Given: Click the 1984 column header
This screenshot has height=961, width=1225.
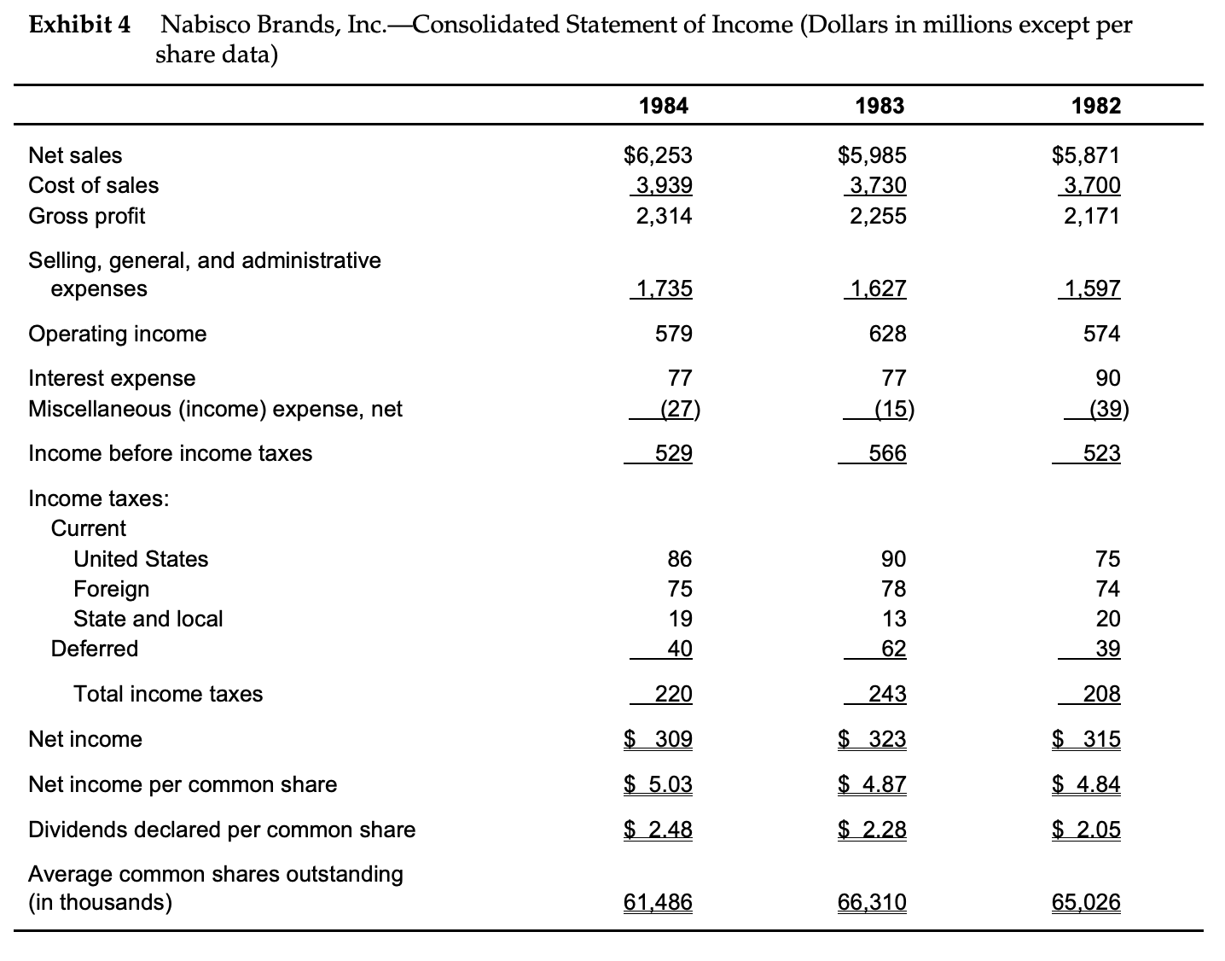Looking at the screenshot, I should [x=664, y=106].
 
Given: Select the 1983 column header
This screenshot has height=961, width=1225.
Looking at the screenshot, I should [x=879, y=106].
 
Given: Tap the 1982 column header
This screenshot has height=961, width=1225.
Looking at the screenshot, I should [x=1096, y=106].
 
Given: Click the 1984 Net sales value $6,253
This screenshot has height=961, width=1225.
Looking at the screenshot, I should [x=659, y=155].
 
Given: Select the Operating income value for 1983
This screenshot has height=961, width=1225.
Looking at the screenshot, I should [x=888, y=334].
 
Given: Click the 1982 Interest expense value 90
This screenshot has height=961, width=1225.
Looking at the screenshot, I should [x=1107, y=378].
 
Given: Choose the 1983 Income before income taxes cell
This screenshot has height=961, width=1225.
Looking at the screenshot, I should [x=887, y=453].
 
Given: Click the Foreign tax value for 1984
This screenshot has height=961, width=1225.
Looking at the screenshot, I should [x=680, y=589].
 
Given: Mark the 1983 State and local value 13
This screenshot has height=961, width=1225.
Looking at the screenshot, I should [x=894, y=619].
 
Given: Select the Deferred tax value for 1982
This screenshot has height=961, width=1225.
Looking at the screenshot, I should [x=1107, y=649].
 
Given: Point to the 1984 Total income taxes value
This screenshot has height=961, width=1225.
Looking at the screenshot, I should [x=673, y=694].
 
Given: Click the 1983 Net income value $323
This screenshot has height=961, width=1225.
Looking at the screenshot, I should [x=873, y=739].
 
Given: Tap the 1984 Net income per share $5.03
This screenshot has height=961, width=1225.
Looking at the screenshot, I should [x=659, y=784].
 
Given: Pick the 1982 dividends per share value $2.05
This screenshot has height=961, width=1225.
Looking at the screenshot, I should [x=1086, y=830].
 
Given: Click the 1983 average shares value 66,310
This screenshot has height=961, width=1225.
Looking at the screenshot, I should [x=873, y=902].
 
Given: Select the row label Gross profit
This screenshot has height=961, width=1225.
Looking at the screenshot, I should [x=87, y=216].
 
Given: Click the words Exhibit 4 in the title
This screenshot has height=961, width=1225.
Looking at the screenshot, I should [x=79, y=25].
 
